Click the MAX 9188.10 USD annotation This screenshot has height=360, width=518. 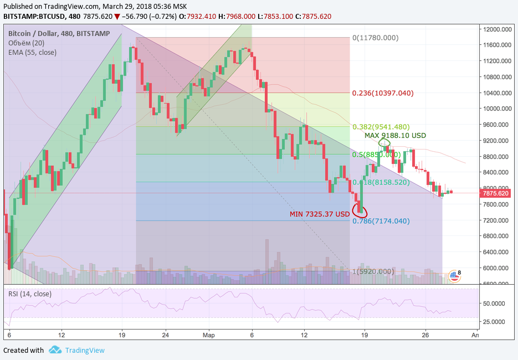[395, 135]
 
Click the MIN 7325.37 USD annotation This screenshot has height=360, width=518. [319, 214]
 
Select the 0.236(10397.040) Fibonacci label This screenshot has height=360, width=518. [383, 93]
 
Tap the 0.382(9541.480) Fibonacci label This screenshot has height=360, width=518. [382, 126]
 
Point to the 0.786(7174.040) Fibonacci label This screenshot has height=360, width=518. [381, 221]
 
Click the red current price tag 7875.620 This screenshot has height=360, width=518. [495, 193]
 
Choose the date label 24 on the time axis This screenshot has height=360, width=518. [165, 335]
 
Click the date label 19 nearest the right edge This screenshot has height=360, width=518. [364, 335]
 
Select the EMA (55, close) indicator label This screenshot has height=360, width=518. [32, 52]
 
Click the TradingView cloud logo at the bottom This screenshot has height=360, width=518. [55, 350]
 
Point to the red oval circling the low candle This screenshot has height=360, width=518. [360, 210]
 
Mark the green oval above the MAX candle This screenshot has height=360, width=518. [384, 143]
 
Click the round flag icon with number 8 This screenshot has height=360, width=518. [454, 275]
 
